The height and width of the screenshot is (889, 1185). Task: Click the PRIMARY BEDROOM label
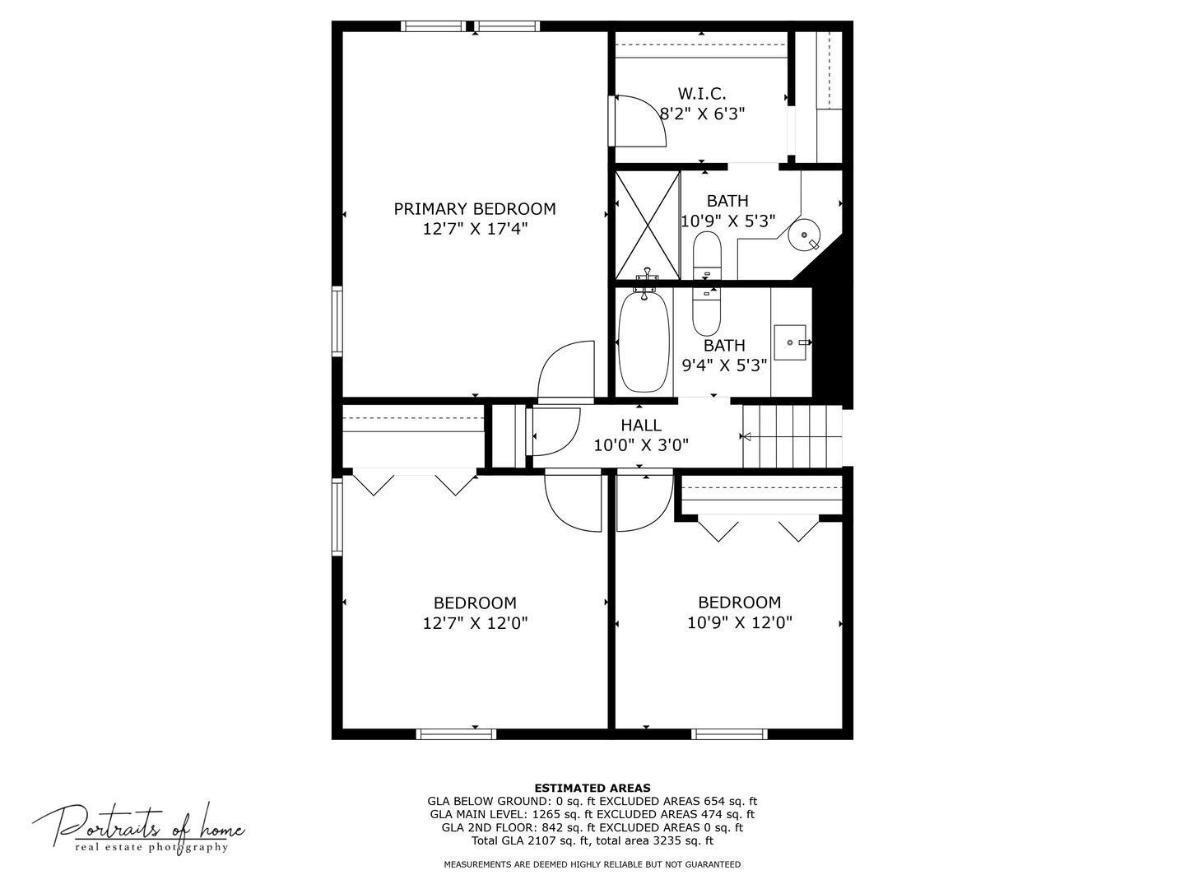pyautogui.click(x=474, y=209)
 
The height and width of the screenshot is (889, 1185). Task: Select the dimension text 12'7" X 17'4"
pyautogui.click(x=474, y=229)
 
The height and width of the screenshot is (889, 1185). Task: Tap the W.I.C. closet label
pyautogui.click(x=701, y=94)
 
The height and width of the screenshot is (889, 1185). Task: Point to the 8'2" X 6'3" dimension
pyautogui.click(x=702, y=114)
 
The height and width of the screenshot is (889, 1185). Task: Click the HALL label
pyautogui.click(x=640, y=425)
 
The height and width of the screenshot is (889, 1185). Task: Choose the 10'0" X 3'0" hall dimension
pyautogui.click(x=640, y=445)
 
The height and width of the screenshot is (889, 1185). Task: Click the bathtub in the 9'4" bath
pyautogui.click(x=644, y=342)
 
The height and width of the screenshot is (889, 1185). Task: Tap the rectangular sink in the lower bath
pyautogui.click(x=790, y=342)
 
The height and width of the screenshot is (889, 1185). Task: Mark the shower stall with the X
pyautogui.click(x=648, y=225)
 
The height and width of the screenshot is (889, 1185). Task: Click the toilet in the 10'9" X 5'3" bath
pyautogui.click(x=707, y=254)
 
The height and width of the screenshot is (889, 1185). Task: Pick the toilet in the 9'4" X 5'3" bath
pyautogui.click(x=706, y=310)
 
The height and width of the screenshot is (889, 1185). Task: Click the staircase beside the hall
pyautogui.click(x=792, y=436)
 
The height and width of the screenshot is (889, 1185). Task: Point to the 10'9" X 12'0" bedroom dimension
pyautogui.click(x=739, y=623)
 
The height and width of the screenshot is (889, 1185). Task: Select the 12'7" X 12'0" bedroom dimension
pyautogui.click(x=475, y=623)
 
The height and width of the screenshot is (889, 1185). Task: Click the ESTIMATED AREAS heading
pyautogui.click(x=592, y=788)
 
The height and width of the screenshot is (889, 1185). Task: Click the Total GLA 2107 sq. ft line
pyautogui.click(x=592, y=840)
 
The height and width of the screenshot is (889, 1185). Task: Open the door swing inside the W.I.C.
pyautogui.click(x=639, y=121)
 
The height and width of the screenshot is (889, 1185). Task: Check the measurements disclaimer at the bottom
pyautogui.click(x=592, y=864)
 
